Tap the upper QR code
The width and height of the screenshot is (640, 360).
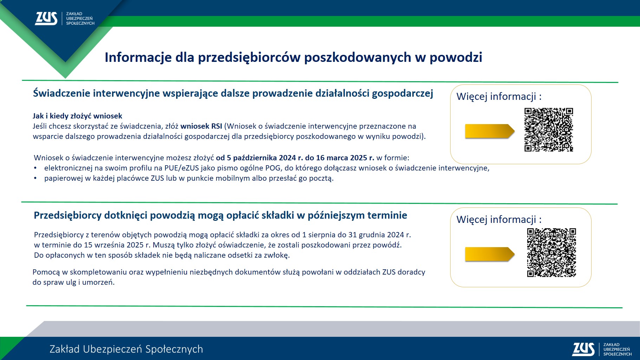tap(549, 130)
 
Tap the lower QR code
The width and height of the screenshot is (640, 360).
tap(551, 252)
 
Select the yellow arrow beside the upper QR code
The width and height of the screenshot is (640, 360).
tap(489, 131)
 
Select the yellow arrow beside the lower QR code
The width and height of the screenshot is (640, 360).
tap(489, 254)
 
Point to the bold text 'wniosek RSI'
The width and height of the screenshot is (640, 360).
tap(201, 126)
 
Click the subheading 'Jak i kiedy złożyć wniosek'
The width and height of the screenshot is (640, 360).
tap(77, 116)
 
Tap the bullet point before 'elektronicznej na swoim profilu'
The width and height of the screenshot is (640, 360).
tap(35, 168)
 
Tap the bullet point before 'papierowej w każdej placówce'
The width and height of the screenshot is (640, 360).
tap(35, 179)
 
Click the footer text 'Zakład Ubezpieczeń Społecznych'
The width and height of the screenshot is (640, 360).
tap(126, 349)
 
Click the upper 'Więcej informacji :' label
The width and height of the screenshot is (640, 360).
tap(499, 96)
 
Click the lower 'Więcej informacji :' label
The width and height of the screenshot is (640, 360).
tap(499, 219)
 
